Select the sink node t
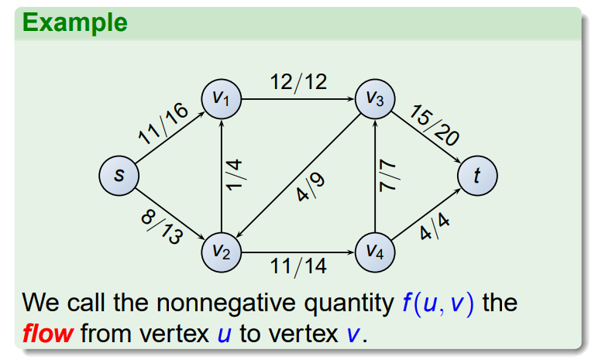tap(477, 176)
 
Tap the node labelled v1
tap(221, 98)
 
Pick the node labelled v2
tap(221, 252)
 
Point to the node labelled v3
tap(375, 98)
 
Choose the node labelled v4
tap(375, 252)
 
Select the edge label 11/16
tap(163, 124)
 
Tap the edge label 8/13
tap(161, 226)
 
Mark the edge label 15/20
tap(434, 125)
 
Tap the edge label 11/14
tap(298, 268)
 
